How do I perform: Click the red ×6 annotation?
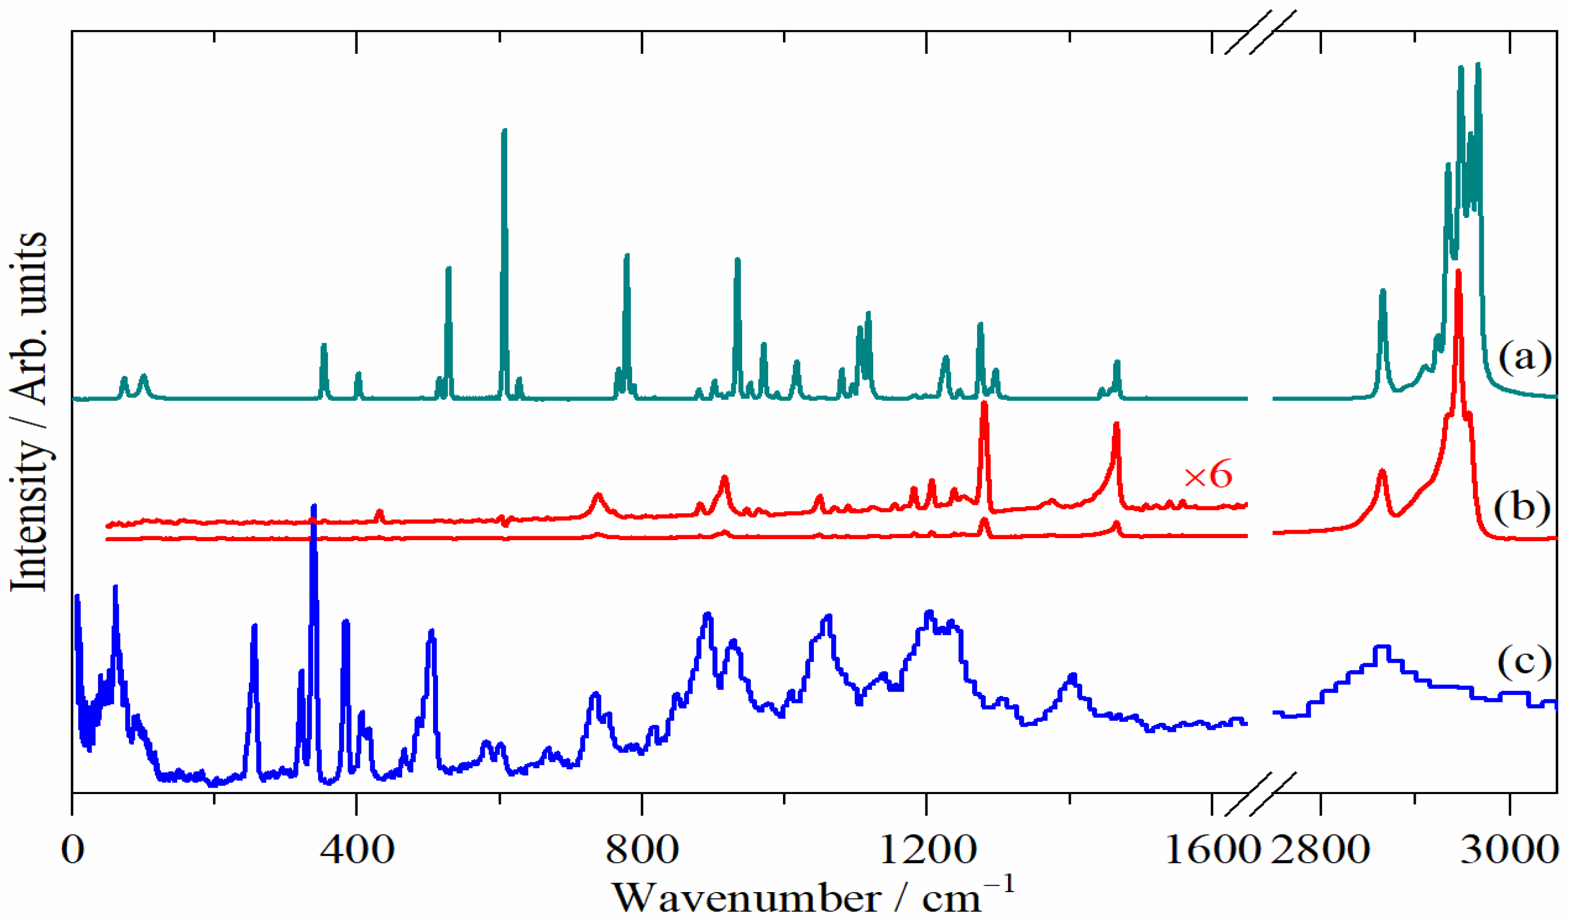click(x=1208, y=476)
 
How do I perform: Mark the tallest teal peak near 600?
click(x=504, y=131)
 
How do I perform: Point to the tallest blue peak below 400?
click(x=314, y=506)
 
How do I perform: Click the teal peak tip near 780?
click(x=627, y=255)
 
